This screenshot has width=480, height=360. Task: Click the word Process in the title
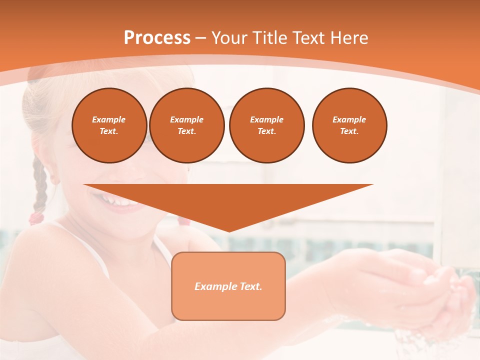click(x=157, y=38)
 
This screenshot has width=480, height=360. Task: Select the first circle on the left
click(x=109, y=125)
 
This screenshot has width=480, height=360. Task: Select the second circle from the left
click(x=187, y=125)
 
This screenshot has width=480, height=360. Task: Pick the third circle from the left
click(x=266, y=125)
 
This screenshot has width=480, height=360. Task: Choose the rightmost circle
click(x=349, y=125)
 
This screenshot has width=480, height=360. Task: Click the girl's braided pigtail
click(x=39, y=185)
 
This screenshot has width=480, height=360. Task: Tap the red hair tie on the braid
click(x=36, y=218)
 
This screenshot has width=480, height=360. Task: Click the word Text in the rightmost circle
click(x=349, y=131)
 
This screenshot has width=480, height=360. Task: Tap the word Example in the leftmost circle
click(x=109, y=119)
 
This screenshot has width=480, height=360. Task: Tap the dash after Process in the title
click(x=201, y=38)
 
